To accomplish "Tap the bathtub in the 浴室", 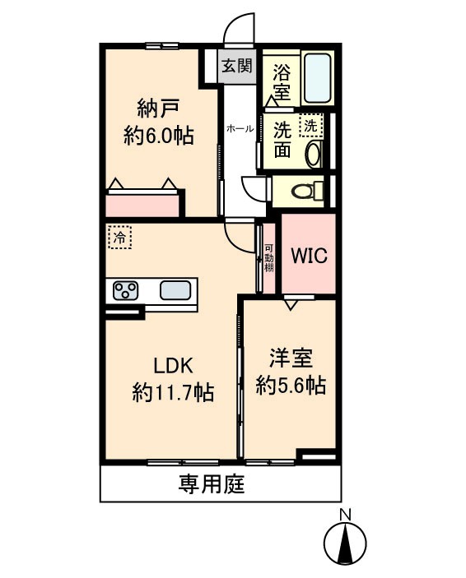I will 316,77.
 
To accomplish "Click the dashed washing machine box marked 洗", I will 310,126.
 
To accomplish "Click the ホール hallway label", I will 240,129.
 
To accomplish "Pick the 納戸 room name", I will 158,108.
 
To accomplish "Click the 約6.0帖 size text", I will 158,136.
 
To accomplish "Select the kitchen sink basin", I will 176,290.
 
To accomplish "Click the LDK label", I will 173,365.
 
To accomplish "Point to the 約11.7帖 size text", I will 173,393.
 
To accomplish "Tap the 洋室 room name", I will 291,358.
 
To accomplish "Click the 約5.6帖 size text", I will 291,385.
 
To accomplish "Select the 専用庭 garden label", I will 212,485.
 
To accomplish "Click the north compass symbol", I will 346,543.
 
